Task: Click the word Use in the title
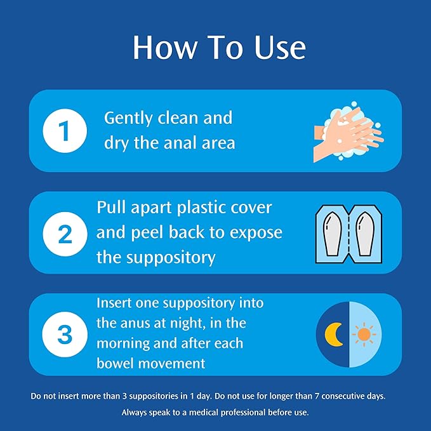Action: (x=280, y=47)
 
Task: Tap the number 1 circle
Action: (x=65, y=131)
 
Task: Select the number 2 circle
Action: (x=65, y=234)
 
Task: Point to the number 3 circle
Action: (x=65, y=335)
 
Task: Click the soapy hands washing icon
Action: (x=348, y=131)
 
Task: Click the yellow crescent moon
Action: (x=333, y=335)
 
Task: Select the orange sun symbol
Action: (x=364, y=335)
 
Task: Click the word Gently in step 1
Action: (x=128, y=119)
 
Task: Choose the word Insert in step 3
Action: (x=114, y=303)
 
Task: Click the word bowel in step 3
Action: (x=115, y=363)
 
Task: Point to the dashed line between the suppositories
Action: (x=348, y=234)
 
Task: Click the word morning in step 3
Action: (x=123, y=344)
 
